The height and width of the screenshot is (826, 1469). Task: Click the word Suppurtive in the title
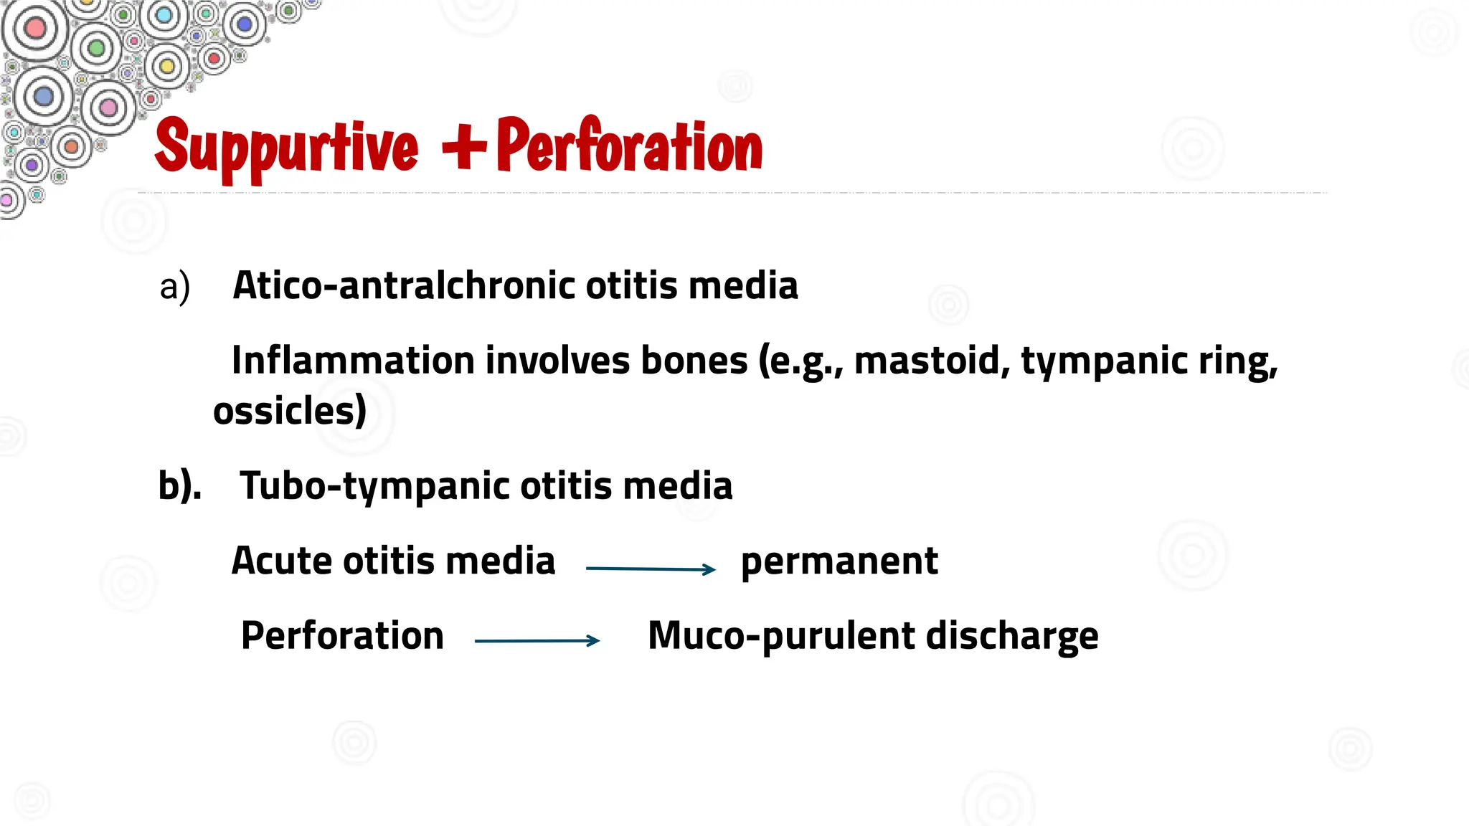click(x=286, y=148)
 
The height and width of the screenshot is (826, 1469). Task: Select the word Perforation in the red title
click(x=629, y=146)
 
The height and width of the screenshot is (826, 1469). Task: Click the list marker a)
click(x=174, y=286)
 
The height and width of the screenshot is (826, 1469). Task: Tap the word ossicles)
click(x=290, y=411)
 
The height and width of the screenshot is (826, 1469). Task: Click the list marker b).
click(x=179, y=485)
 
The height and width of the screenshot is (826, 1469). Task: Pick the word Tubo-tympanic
click(x=375, y=486)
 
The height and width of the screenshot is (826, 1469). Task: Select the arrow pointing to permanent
click(x=651, y=569)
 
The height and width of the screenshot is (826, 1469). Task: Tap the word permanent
click(x=839, y=561)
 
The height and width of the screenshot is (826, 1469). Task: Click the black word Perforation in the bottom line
click(x=342, y=636)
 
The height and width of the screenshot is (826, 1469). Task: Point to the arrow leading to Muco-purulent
click(x=537, y=640)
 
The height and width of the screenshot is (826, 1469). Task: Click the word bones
click(x=694, y=360)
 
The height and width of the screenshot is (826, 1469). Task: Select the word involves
click(x=557, y=360)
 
